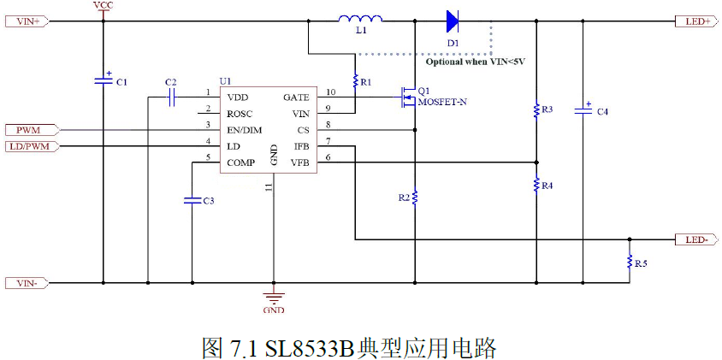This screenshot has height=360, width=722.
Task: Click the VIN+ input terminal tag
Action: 28,21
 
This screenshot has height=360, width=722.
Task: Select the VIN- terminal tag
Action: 28,283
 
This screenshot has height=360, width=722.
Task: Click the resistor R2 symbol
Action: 414,198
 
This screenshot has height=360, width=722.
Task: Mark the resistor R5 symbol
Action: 629,262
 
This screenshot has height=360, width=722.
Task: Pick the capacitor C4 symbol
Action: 584,109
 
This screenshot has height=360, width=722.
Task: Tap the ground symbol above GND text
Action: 274,298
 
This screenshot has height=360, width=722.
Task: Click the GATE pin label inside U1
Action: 295,97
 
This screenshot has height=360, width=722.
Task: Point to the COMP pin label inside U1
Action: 243,162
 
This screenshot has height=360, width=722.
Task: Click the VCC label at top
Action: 103,5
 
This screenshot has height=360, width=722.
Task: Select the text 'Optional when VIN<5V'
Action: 475,62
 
